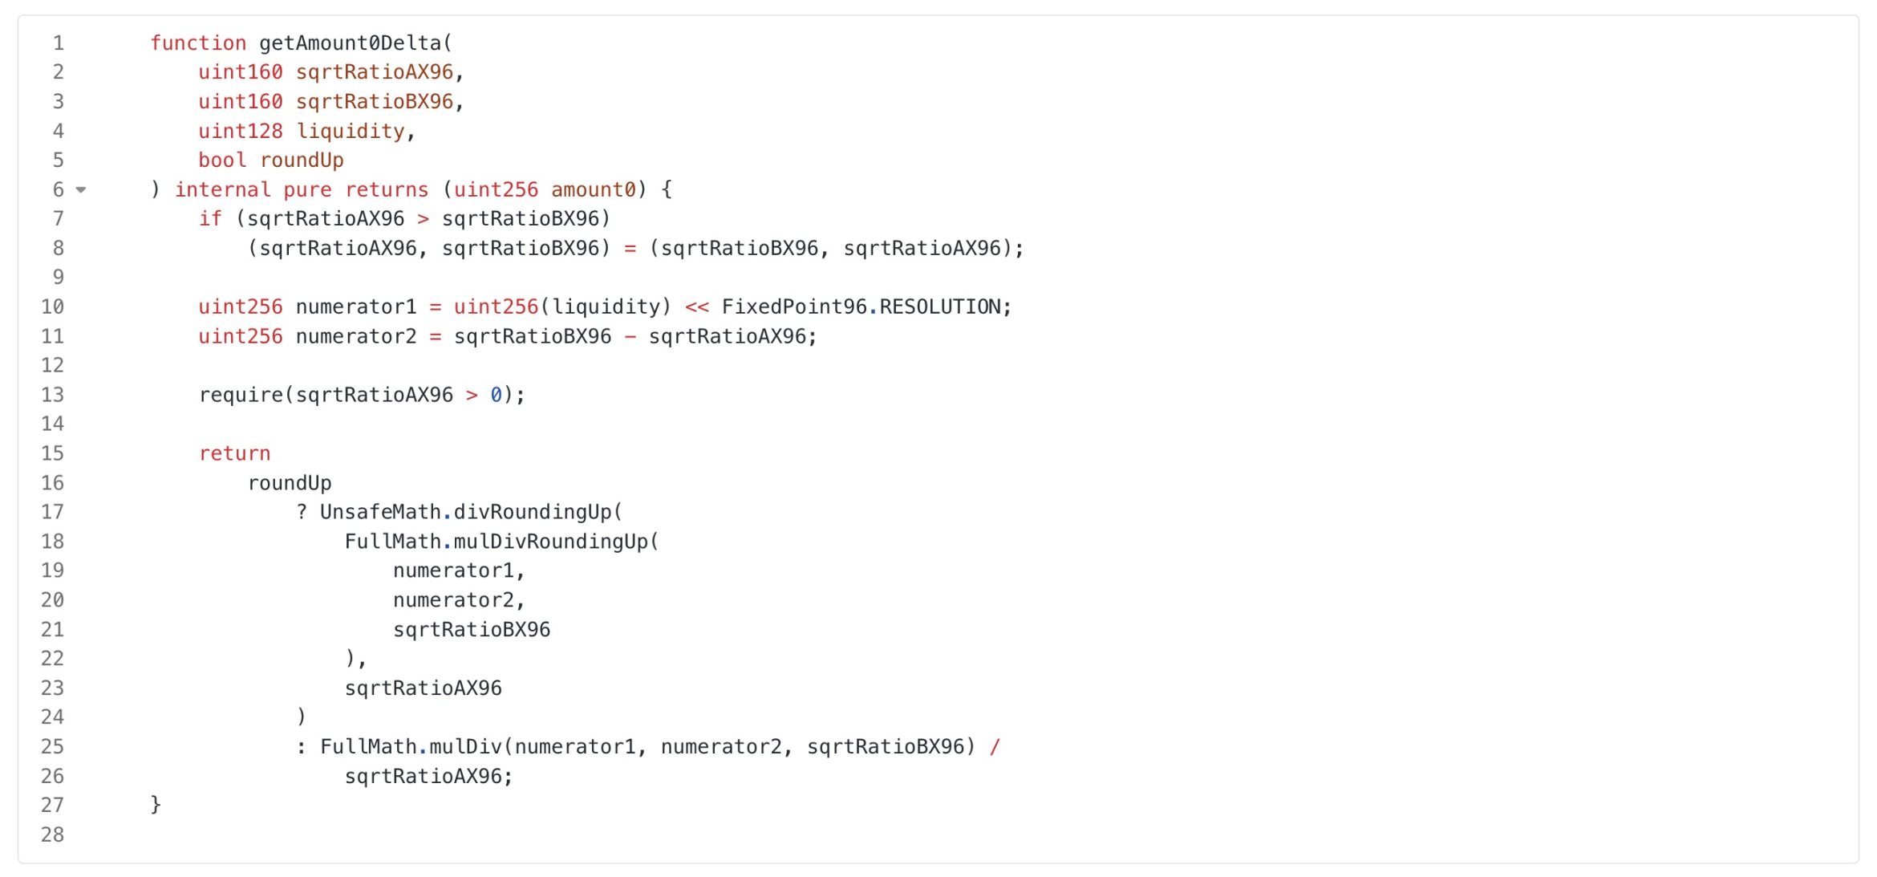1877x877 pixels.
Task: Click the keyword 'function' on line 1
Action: click(198, 43)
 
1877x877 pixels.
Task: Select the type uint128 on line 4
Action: click(241, 132)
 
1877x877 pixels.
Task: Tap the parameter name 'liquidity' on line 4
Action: click(351, 132)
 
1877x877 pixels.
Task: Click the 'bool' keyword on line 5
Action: click(222, 160)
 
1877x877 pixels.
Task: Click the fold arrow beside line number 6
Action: click(81, 190)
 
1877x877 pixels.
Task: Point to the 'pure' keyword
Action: click(307, 190)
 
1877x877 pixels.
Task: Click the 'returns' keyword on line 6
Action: click(387, 190)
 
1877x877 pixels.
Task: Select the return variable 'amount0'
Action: click(593, 190)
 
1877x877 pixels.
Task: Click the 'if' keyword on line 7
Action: click(210, 219)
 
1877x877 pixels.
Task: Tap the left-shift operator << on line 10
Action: click(696, 307)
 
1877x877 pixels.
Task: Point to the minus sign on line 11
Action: click(630, 337)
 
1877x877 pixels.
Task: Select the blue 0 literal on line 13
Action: click(496, 396)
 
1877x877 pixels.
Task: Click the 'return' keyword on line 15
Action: click(234, 454)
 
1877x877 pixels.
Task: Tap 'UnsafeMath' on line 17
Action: click(380, 513)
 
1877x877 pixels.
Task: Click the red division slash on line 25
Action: click(995, 747)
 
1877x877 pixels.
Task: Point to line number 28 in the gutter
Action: click(53, 835)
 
